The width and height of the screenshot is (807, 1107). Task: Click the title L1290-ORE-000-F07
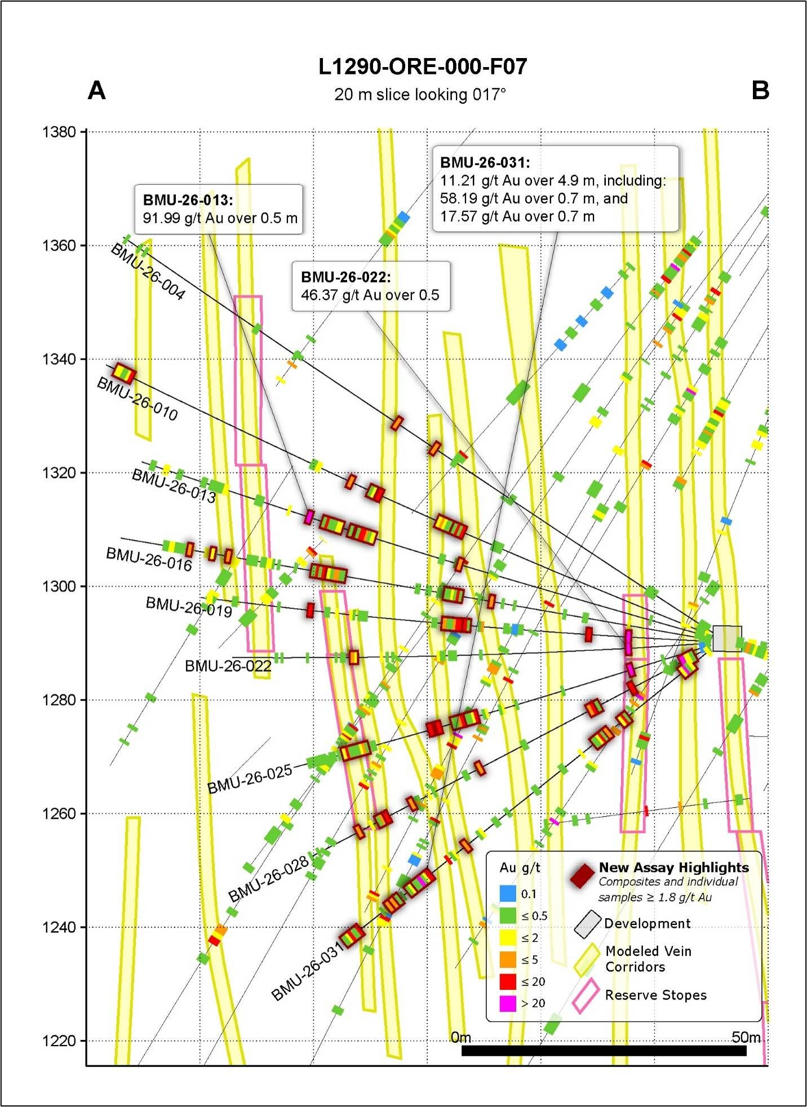(x=423, y=67)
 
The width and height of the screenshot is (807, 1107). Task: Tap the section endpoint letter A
(x=97, y=90)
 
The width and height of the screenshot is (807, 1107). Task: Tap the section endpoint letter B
(x=760, y=90)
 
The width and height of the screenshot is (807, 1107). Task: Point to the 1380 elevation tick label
(x=59, y=132)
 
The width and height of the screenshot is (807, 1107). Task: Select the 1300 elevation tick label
(x=59, y=586)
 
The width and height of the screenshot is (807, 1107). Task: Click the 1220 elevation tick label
(x=59, y=1040)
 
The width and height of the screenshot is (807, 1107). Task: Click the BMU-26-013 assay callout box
(x=219, y=209)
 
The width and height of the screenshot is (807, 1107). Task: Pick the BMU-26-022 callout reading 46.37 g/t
(x=371, y=286)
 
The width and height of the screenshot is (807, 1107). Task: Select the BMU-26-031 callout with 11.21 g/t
(x=556, y=189)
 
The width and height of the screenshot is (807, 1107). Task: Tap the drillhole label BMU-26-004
(x=148, y=272)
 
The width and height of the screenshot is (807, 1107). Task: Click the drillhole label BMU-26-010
(x=138, y=399)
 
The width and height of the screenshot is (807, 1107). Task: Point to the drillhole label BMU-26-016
(x=149, y=559)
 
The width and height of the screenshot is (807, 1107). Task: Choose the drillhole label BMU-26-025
(x=250, y=778)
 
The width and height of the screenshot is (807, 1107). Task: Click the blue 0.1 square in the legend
(x=508, y=893)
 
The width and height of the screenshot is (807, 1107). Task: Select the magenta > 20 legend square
(x=508, y=1003)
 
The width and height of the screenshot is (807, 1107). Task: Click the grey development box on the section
(x=727, y=639)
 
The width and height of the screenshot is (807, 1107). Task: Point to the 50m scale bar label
(x=746, y=1037)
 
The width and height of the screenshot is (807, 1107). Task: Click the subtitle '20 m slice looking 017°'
(x=420, y=94)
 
